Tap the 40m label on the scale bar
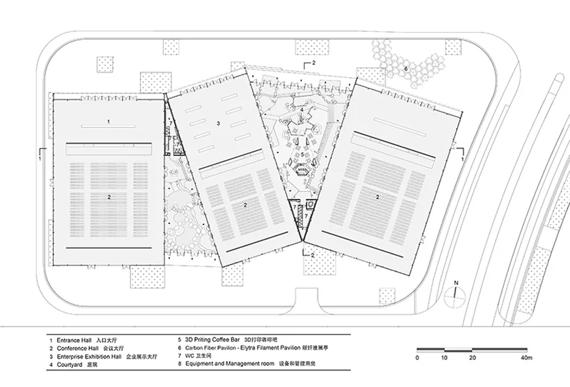pyautogui.click(x=526, y=357)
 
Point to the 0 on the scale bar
pyautogui.click(x=417, y=357)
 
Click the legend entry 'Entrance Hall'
pyautogui.click(x=74, y=340)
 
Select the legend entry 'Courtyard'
pyautogui.click(x=70, y=364)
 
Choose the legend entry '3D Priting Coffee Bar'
pyautogui.click(x=213, y=340)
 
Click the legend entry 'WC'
pyautogui.click(x=190, y=356)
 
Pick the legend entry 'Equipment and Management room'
pyautogui.click(x=230, y=363)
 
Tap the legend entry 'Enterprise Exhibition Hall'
pyautogui.click(x=89, y=356)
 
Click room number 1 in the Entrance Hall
pyautogui.click(x=109, y=122)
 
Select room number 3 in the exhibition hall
pyautogui.click(x=218, y=123)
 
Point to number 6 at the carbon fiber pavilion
pyautogui.click(x=406, y=68)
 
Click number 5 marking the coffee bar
pyautogui.click(x=302, y=154)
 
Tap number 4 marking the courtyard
pyautogui.click(x=301, y=109)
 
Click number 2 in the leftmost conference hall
pyautogui.click(x=109, y=197)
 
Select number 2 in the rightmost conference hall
pyautogui.click(x=377, y=197)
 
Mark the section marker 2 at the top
pyautogui.click(x=314, y=62)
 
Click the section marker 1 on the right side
pyautogui.click(x=463, y=159)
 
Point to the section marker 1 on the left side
pyautogui.click(x=40, y=159)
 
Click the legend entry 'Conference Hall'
pyautogui.click(x=77, y=348)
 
